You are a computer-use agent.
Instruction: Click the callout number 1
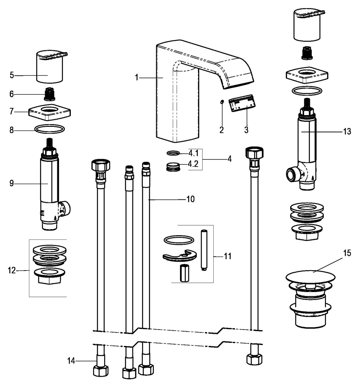(x=137, y=77)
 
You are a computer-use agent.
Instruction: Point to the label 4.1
(x=193, y=154)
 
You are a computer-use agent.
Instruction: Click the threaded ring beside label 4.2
(x=174, y=167)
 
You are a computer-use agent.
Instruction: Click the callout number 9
(x=12, y=183)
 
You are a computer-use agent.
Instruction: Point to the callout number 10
(x=190, y=199)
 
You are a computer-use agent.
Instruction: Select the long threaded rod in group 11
(x=204, y=250)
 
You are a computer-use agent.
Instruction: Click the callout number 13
(x=347, y=132)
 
